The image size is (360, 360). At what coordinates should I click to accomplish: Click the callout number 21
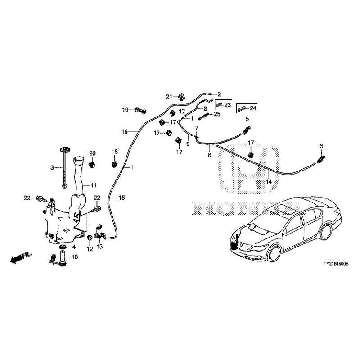coord(169,96)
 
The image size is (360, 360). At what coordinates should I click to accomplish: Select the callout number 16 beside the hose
coord(125,132)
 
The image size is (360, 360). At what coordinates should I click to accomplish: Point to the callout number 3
coord(52,167)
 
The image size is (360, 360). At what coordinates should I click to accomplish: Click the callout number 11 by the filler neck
coord(94,185)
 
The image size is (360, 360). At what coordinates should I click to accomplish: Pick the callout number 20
coord(92,154)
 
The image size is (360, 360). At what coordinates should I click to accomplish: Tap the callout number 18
coord(114,151)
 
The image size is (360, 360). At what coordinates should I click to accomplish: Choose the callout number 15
coord(121,198)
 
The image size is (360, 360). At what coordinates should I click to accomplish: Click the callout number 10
coord(75,257)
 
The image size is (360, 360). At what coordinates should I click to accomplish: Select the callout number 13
coord(99,247)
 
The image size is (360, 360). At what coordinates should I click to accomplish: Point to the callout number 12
coord(90,249)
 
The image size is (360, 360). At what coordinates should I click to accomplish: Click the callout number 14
coord(269,182)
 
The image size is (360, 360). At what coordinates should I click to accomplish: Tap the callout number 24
coord(253,108)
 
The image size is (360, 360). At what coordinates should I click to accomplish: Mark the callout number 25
coord(217,114)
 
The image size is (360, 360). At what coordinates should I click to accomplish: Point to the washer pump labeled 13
coord(99,231)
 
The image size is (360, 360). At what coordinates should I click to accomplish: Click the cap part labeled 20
coord(93,164)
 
